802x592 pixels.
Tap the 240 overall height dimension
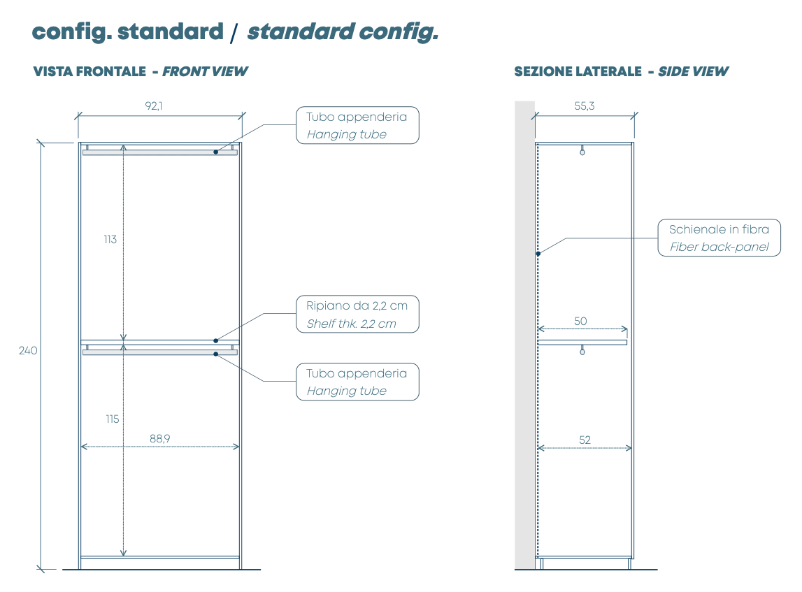pyautogui.click(x=28, y=351)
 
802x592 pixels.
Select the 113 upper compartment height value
pyautogui.click(x=110, y=239)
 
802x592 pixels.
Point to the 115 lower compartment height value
pyautogui.click(x=112, y=419)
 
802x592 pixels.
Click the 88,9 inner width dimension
pyautogui.click(x=159, y=439)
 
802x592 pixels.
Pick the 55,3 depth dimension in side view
pyautogui.click(x=585, y=106)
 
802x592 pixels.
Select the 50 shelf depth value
pyautogui.click(x=580, y=322)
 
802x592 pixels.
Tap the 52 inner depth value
pyautogui.click(x=585, y=440)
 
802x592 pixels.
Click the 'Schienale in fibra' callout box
pyautogui.click(x=719, y=238)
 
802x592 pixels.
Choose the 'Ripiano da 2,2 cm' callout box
pyautogui.click(x=357, y=315)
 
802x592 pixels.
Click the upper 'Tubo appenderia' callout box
pyautogui.click(x=357, y=125)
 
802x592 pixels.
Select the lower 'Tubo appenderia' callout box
pyautogui.click(x=357, y=382)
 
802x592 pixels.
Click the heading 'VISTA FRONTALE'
pyautogui.click(x=89, y=71)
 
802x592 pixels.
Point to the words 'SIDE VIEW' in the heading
pyautogui.click(x=693, y=71)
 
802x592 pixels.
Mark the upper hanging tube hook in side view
pyautogui.click(x=582, y=150)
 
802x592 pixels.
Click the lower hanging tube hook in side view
pyautogui.click(x=582, y=352)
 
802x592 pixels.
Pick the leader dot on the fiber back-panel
pyautogui.click(x=538, y=254)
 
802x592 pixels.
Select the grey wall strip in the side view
pyautogui.click(x=524, y=335)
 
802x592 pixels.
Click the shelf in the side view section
pyautogui.click(x=582, y=342)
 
